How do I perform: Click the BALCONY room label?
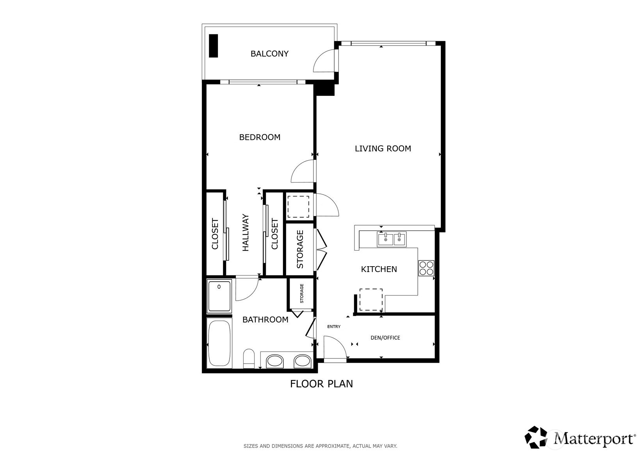pyautogui.click(x=269, y=54)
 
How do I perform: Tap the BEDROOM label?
pyautogui.click(x=260, y=137)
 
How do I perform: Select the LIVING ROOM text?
pyautogui.click(x=383, y=149)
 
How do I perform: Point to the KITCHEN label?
pyautogui.click(x=379, y=269)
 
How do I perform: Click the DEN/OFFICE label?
pyautogui.click(x=385, y=338)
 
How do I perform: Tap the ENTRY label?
pyautogui.click(x=334, y=326)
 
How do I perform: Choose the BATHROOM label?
pyautogui.click(x=265, y=320)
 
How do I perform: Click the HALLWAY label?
pyautogui.click(x=246, y=233)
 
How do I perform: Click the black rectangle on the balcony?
pyautogui.click(x=213, y=46)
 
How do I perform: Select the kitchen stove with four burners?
pyautogui.click(x=426, y=268)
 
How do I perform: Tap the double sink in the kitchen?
pyautogui.click(x=392, y=239)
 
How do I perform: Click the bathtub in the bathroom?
pyautogui.click(x=219, y=344)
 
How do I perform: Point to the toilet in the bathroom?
pyautogui.click(x=249, y=358)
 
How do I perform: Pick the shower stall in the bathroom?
pyautogui.click(x=219, y=296)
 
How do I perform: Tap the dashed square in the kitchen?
pyautogui.click(x=371, y=300)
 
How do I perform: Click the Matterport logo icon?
pyautogui.click(x=536, y=437)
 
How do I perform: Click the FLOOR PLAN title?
pyautogui.click(x=322, y=384)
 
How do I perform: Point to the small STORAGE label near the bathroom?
pyautogui.click(x=302, y=294)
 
